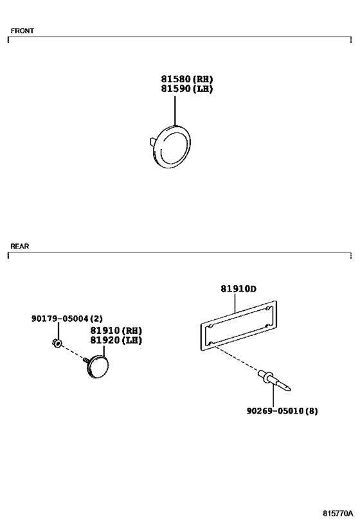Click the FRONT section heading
(22, 31)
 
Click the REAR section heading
(20, 246)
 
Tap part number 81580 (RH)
(187, 79)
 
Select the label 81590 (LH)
(187, 89)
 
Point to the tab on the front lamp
(152, 141)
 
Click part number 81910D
(239, 288)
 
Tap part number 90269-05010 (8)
(282, 410)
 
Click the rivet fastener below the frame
(273, 381)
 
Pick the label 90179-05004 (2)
(67, 319)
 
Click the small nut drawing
(57, 343)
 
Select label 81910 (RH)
(116, 331)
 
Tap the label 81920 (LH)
(116, 340)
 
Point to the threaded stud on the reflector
(86, 360)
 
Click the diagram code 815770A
(338, 513)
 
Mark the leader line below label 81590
(175, 110)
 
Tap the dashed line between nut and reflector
(73, 352)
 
